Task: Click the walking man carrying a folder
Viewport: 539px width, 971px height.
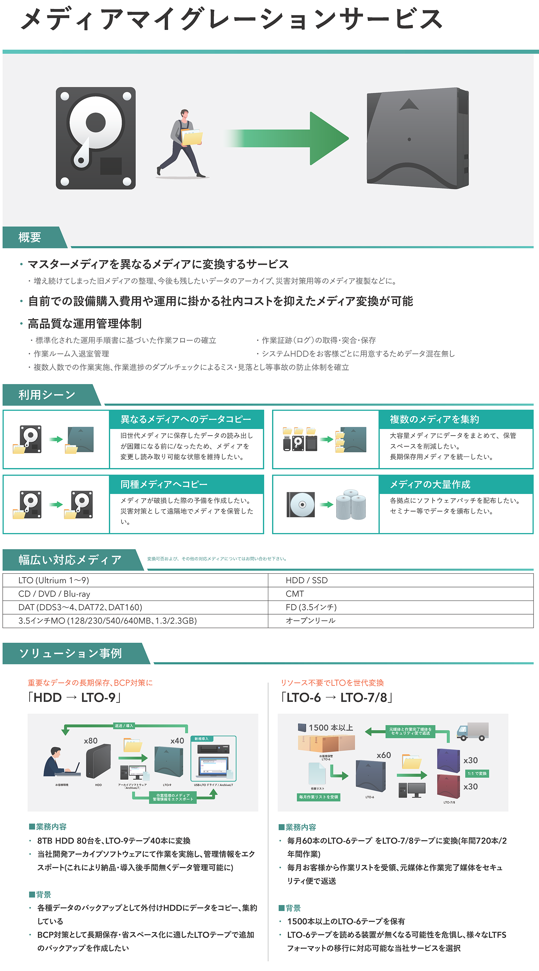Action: click(x=182, y=143)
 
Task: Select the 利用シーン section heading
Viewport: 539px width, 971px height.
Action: click(x=47, y=395)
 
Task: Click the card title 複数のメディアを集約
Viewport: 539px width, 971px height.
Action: click(x=434, y=419)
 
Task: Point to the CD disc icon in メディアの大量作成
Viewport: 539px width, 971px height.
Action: click(x=301, y=504)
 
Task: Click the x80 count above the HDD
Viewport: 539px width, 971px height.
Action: click(x=91, y=741)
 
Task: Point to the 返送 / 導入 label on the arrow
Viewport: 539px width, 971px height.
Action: click(x=124, y=726)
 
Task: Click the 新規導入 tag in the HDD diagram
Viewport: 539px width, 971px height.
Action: click(x=201, y=739)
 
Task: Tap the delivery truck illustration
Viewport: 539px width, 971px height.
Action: click(x=472, y=731)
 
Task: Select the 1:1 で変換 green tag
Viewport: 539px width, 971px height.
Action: click(x=477, y=773)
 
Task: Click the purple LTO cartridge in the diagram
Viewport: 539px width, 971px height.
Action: click(x=448, y=760)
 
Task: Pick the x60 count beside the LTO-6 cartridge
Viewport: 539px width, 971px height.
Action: click(x=384, y=755)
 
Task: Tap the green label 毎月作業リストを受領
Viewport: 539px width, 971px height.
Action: click(x=318, y=797)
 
